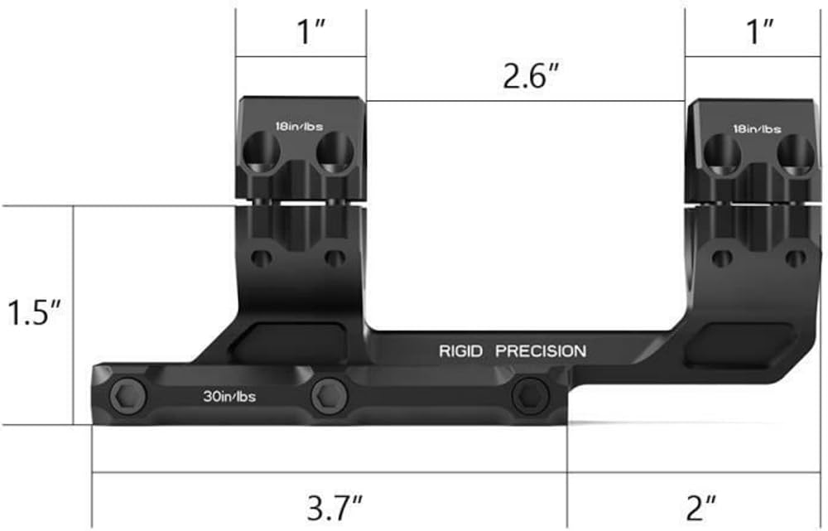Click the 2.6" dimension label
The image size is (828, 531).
pyautogui.click(x=530, y=76)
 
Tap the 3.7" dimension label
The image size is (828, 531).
pyautogui.click(x=334, y=508)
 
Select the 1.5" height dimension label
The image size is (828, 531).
pyautogui.click(x=33, y=313)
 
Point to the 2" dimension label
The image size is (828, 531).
pyautogui.click(x=700, y=508)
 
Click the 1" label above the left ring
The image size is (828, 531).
pyautogui.click(x=310, y=31)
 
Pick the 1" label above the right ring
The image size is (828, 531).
pyautogui.click(x=759, y=31)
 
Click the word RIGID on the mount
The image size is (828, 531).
pyautogui.click(x=460, y=351)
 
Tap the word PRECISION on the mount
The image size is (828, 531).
pyautogui.click(x=541, y=351)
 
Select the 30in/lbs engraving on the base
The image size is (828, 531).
pyautogui.click(x=229, y=396)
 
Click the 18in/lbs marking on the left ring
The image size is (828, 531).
pyautogui.click(x=299, y=126)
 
